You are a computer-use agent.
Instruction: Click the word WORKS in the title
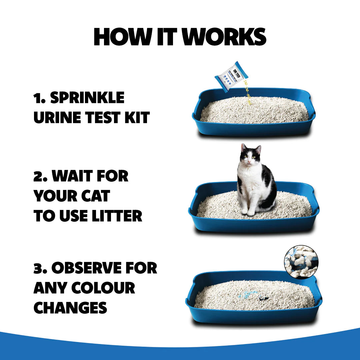point(225,37)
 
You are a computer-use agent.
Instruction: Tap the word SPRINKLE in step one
point(87,98)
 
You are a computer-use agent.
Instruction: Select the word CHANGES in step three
point(70,308)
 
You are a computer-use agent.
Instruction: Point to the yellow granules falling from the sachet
point(247,93)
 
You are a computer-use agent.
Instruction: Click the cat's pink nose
point(250,161)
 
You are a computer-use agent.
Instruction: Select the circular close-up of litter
point(301,262)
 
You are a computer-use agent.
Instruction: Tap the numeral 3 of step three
point(38,269)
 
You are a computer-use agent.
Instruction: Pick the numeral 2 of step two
point(38,176)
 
